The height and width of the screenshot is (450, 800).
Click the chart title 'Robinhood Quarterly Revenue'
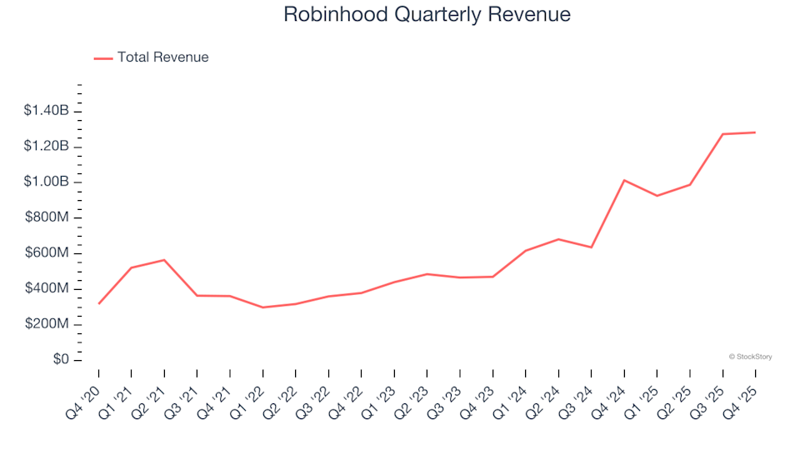pos(427,15)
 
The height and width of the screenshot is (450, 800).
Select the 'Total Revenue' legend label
pos(162,57)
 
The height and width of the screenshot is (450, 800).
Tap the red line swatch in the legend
pos(103,58)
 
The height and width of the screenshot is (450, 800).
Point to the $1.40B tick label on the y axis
pos(47,111)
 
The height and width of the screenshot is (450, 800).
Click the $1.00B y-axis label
pos(47,182)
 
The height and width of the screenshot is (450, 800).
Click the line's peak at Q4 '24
pos(624,180)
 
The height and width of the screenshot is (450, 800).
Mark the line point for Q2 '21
pos(164,260)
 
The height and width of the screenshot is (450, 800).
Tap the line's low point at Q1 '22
pos(263,307)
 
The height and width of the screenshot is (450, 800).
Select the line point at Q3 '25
pos(722,134)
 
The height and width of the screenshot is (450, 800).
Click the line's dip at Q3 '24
pos(592,247)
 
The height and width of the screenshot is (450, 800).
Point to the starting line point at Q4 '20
pos(99,303)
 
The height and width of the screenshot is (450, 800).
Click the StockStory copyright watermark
pos(750,357)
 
